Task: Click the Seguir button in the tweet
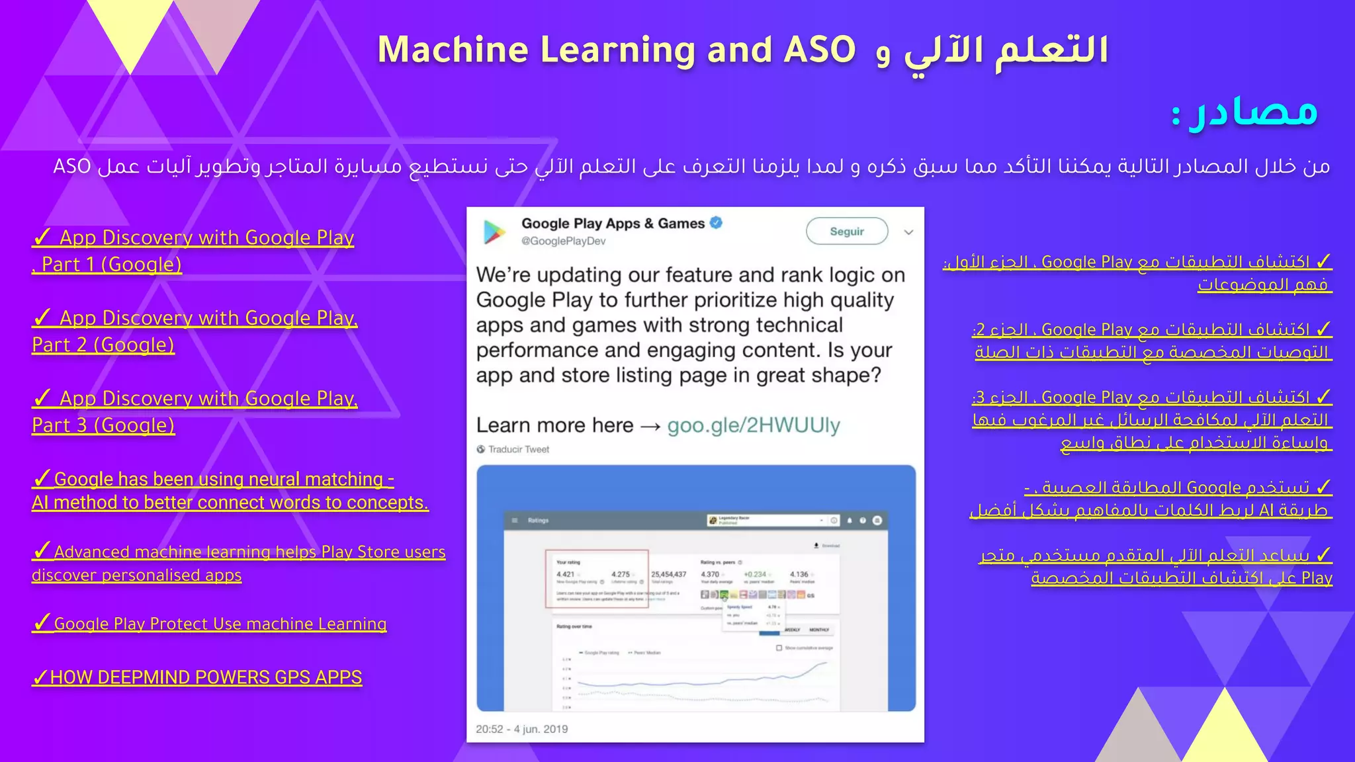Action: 847,232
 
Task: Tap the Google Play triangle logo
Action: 494,232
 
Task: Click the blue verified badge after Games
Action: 716,223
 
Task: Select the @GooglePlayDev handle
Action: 563,241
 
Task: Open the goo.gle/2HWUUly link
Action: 754,425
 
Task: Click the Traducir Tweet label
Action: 519,450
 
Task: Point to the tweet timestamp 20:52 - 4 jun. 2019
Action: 521,729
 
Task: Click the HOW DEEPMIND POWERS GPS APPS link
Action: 205,677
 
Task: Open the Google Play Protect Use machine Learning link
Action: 220,624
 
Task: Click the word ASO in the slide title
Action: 819,50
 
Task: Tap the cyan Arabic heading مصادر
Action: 1254,112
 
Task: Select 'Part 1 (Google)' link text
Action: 111,265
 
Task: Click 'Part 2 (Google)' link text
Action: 103,345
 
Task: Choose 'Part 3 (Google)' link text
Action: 103,425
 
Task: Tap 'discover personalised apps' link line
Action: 136,575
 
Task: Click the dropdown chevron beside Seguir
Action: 908,232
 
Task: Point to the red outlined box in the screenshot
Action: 596,578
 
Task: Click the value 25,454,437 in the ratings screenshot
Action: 668,574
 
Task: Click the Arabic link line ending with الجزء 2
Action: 1151,329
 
